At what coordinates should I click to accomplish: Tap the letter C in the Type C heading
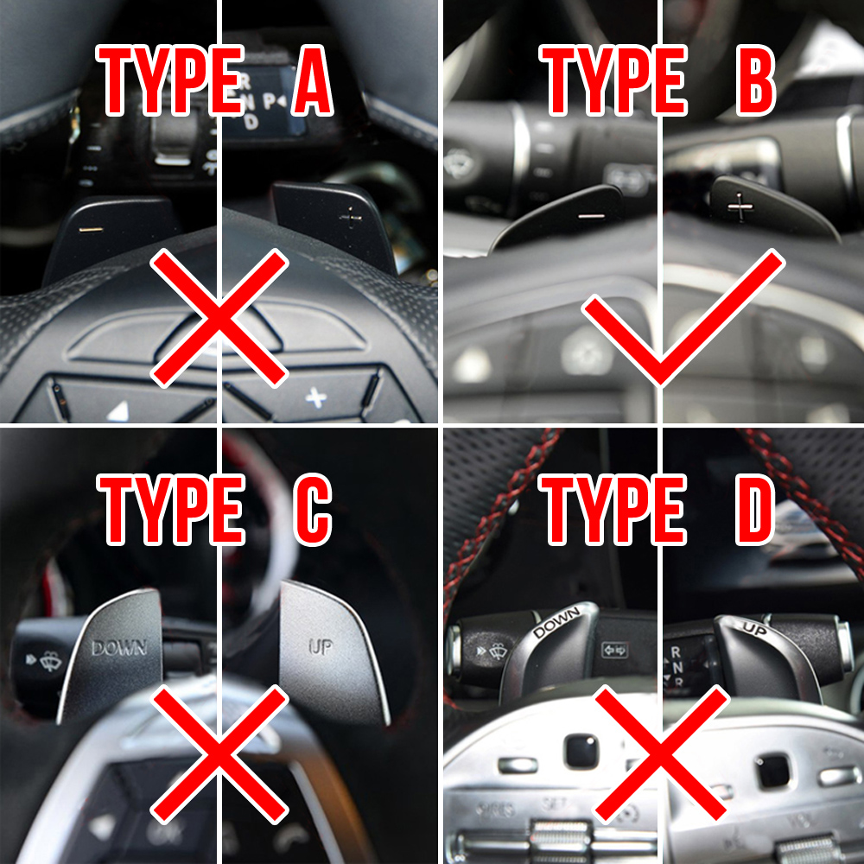312,510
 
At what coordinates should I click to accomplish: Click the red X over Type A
219,317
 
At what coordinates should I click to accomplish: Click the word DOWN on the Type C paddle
119,647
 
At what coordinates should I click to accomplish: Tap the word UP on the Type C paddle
321,647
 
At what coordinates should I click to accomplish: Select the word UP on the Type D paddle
754,630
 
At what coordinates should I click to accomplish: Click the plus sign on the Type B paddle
740,206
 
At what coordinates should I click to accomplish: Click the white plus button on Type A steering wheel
316,397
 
